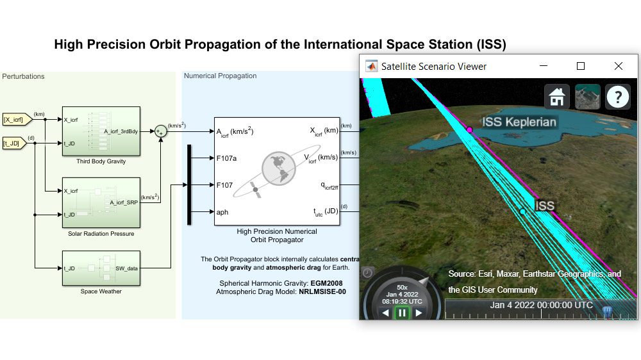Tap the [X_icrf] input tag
15,119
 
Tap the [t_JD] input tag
15,143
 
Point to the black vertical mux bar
189,184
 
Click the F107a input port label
226,158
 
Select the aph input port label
222,212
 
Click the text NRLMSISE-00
322,291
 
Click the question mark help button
617,97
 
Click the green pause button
402,313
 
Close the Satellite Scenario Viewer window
618,66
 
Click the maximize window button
581,66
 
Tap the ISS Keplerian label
519,122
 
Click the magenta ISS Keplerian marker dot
469,130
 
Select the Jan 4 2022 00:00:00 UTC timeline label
541,305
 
